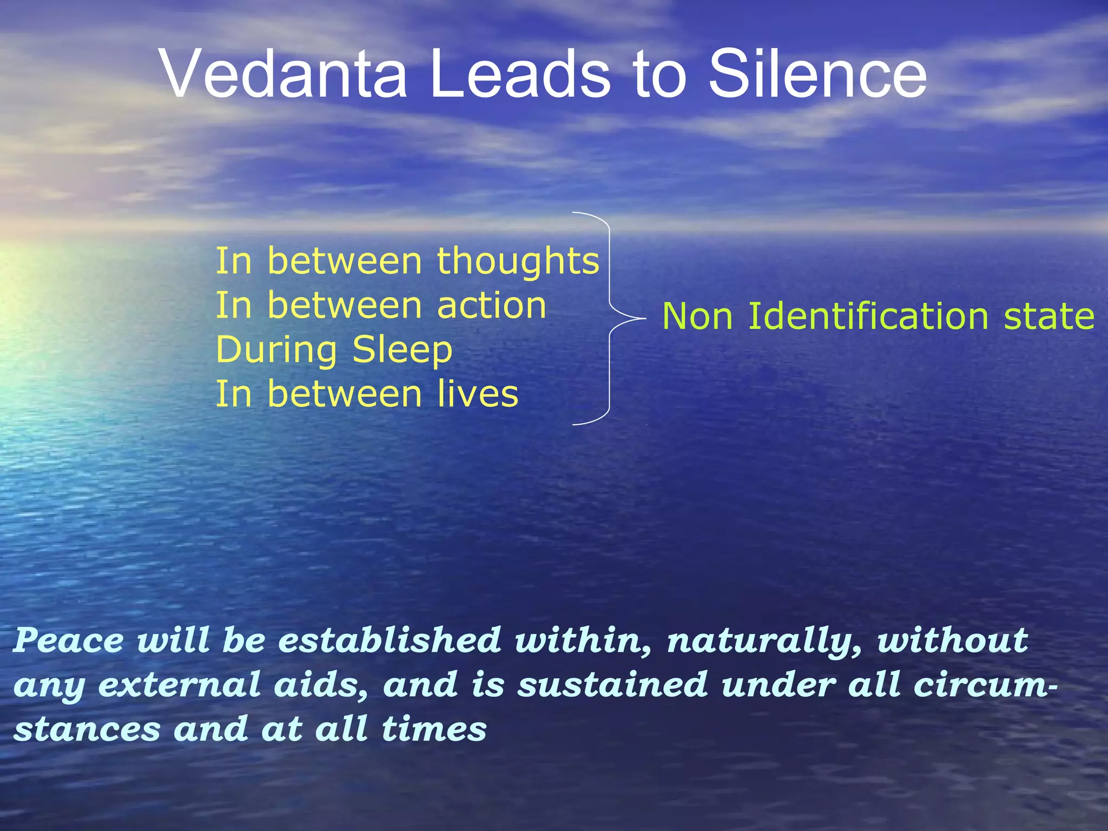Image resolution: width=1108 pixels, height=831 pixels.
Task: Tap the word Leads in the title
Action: (519, 74)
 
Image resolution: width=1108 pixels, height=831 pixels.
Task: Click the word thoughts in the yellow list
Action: (518, 261)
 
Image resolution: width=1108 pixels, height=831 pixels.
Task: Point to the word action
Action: (491, 306)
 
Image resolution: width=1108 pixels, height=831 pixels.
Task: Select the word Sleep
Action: (402, 350)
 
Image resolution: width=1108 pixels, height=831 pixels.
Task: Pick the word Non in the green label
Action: (697, 317)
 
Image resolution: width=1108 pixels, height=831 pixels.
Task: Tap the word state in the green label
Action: (1049, 317)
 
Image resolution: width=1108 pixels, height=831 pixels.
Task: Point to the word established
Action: (390, 641)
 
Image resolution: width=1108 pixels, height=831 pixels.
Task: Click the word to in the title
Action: (659, 74)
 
